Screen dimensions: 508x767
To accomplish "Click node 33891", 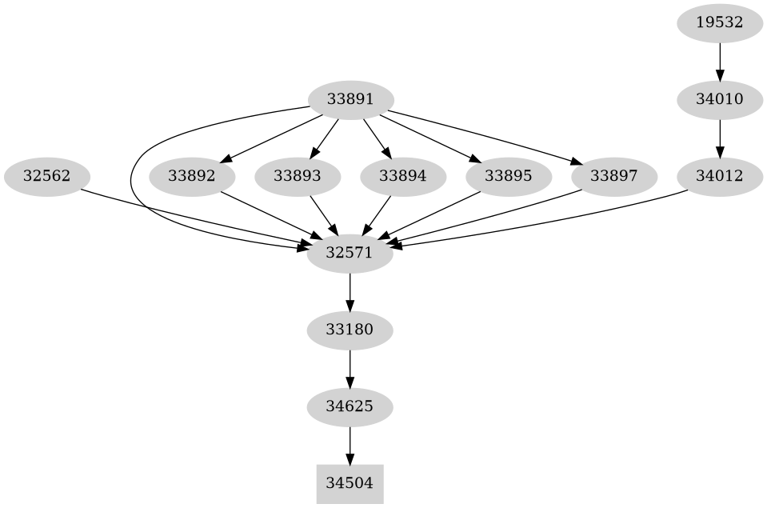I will coord(350,100).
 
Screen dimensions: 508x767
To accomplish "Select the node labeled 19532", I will coord(720,22).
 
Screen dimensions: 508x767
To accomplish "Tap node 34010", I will coord(720,100).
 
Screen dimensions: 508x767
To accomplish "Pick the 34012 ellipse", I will coord(720,176).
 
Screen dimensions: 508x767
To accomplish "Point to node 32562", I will coord(46,176).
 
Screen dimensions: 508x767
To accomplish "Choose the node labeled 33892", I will coord(192,176).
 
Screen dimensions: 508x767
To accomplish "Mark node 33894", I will coord(402,176).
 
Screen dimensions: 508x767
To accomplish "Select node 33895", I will coord(508,176).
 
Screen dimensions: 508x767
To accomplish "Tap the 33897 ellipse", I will coord(613,176).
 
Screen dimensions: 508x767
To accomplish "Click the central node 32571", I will coord(350,253).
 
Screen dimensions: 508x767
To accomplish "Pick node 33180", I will coord(350,330).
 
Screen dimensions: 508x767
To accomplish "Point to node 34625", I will coord(350,406).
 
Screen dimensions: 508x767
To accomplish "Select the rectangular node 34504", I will coord(350,483).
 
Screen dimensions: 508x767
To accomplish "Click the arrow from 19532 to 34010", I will coord(720,61).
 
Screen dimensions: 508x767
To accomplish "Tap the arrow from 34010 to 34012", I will coord(720,138).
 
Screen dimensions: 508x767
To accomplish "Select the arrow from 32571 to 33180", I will coord(350,291).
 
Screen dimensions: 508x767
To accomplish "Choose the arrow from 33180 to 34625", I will coord(350,368).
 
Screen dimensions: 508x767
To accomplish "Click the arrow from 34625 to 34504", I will coord(350,445).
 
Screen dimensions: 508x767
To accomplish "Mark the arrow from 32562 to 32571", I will coord(192,216).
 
